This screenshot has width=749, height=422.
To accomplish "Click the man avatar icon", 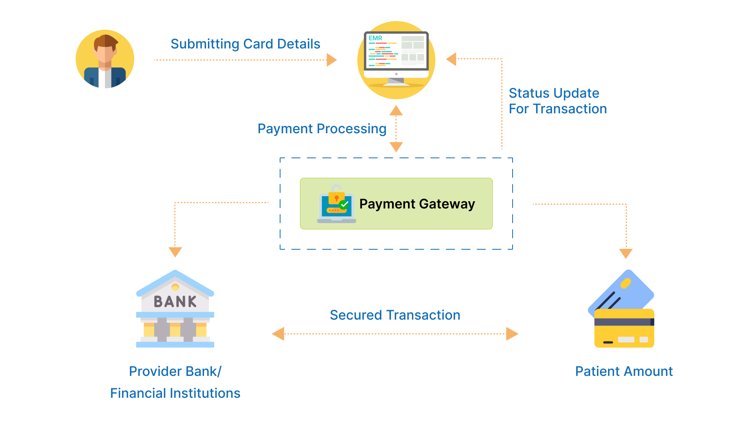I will point(105,59).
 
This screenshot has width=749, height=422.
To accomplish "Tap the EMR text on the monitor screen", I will point(375,38).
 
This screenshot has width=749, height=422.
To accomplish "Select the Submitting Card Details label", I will point(245,44).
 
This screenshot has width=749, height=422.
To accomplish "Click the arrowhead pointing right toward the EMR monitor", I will point(331,60).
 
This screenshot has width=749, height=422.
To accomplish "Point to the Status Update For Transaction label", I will point(557,101).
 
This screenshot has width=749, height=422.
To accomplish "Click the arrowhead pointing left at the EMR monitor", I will point(451,59).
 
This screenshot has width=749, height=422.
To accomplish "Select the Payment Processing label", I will point(322,129).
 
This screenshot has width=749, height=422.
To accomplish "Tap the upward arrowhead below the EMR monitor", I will point(396,111).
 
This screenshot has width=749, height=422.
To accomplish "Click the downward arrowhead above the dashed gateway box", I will point(396,147).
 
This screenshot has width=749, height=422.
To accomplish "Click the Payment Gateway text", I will point(417,204).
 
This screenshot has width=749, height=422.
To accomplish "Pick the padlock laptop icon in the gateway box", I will point(336,204).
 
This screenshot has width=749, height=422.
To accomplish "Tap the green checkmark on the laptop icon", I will point(344,204).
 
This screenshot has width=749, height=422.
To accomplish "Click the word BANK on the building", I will point(175,302).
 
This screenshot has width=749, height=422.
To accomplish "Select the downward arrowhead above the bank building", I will point(175,252).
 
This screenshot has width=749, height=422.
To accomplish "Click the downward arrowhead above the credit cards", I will point(626,253).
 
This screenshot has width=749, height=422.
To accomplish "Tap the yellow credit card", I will point(624,328).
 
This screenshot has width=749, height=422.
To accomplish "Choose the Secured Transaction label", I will point(395,315).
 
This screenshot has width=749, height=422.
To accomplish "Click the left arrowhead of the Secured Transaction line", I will point(278,334).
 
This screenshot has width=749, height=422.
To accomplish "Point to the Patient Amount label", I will point(624,371).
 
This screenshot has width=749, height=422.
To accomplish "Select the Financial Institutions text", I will point(175,393).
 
